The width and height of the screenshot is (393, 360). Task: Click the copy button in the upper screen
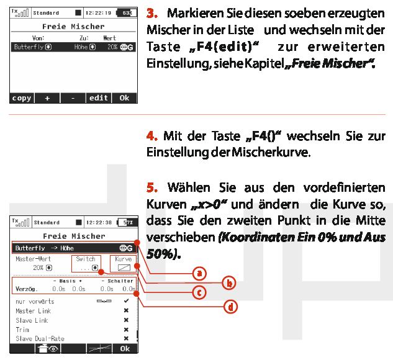(x=22, y=98)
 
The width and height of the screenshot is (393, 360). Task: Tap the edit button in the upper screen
(x=99, y=98)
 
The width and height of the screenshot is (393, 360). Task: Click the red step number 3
(x=152, y=13)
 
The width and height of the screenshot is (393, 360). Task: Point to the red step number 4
(x=152, y=136)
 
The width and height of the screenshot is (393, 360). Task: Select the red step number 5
(x=152, y=187)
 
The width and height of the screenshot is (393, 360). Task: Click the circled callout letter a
(x=199, y=273)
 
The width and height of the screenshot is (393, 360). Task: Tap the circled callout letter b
(x=229, y=283)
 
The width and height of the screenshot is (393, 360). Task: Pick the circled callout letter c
(x=199, y=292)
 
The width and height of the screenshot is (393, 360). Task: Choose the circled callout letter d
(x=230, y=307)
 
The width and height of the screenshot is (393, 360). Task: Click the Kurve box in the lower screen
(x=124, y=264)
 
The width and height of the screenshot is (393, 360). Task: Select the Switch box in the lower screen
(x=86, y=264)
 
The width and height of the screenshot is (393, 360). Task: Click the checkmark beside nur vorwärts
(x=126, y=300)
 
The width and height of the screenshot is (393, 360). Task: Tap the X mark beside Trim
(x=126, y=330)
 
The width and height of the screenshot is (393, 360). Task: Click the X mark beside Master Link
(x=126, y=310)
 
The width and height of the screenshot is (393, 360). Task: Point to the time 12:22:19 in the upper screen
(x=98, y=13)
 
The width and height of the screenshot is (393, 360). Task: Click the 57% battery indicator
(x=127, y=222)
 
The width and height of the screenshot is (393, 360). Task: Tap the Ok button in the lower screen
(x=125, y=348)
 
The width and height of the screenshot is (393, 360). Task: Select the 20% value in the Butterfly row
(x=112, y=47)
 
